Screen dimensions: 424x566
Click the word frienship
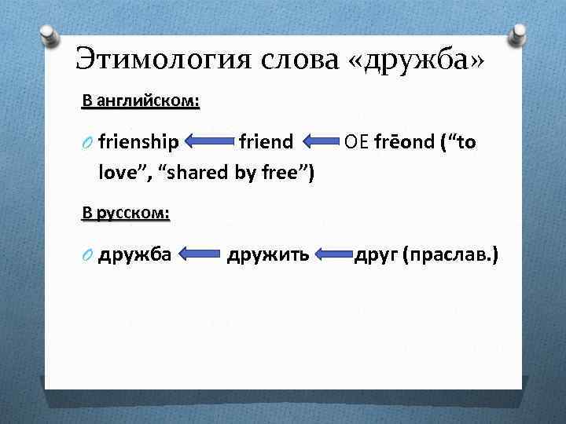pos(139,141)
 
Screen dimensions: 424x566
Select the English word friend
pos(266,141)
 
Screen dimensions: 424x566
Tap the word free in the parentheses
pos(285,172)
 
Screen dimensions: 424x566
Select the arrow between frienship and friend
pos(209,143)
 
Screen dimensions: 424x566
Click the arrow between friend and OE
pos(319,143)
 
